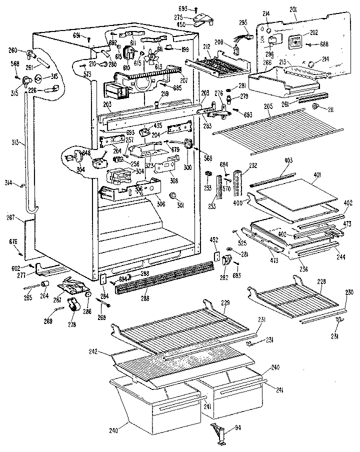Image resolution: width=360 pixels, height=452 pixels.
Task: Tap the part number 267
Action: [x=17, y=217]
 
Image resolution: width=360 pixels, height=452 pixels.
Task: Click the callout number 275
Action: [x=192, y=17]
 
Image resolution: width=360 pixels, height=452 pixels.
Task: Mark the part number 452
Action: [x=214, y=240]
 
